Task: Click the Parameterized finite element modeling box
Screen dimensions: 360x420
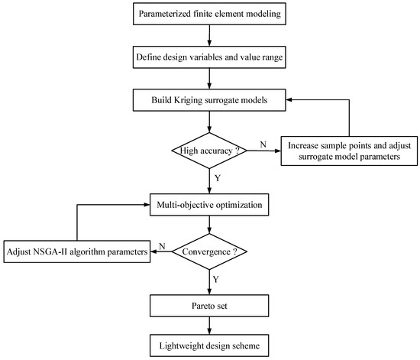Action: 209,15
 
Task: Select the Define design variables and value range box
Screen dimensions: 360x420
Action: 209,57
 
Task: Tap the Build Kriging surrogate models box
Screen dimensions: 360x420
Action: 209,99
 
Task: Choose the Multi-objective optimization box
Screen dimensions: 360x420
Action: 209,206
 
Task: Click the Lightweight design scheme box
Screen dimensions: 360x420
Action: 209,345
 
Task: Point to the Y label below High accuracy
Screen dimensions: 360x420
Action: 218,177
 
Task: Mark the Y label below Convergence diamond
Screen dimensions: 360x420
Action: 218,280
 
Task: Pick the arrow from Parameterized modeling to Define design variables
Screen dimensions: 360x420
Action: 209,35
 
